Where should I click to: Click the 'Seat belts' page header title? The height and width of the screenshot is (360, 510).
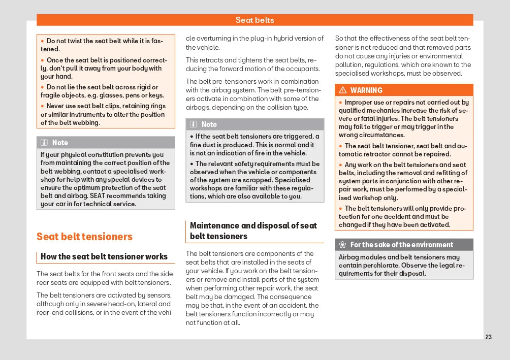(x=254, y=20)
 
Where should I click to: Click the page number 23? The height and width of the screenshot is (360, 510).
(x=489, y=337)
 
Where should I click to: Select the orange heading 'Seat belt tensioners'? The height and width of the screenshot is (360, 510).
(x=84, y=237)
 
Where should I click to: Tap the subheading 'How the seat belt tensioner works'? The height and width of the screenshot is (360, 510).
(x=104, y=257)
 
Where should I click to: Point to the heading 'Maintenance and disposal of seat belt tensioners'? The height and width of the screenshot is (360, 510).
(x=253, y=231)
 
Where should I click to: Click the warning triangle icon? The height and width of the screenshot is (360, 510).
(x=343, y=90)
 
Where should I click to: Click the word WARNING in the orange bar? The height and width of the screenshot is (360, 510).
(x=366, y=90)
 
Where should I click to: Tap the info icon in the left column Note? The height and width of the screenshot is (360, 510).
(x=44, y=143)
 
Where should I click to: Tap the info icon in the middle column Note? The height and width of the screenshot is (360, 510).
(x=194, y=124)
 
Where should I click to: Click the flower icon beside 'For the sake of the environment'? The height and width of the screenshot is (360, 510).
(x=343, y=245)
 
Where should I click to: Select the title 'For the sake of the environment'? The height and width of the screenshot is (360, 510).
(x=402, y=245)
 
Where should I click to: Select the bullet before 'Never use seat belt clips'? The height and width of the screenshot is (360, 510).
(x=43, y=106)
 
